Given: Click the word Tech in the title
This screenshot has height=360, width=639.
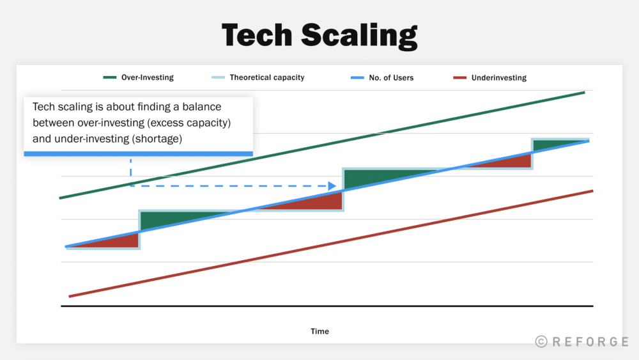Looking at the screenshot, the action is click(257, 35).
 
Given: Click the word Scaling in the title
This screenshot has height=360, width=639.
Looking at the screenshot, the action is click(359, 36).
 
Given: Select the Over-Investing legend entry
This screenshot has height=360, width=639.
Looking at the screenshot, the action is click(139, 77).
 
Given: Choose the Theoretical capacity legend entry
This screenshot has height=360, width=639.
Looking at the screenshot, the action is click(258, 77).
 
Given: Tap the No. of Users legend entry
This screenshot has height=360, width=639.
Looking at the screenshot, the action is click(382, 77).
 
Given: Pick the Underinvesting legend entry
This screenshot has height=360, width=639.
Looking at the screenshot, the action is click(490, 77).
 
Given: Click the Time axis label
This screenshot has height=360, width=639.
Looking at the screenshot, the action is click(320, 331).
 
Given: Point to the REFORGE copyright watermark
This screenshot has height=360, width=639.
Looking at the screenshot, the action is click(582, 341).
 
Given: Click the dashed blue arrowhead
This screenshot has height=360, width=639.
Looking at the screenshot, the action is click(332, 186).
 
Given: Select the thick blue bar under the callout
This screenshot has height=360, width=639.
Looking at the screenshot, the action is click(139, 153).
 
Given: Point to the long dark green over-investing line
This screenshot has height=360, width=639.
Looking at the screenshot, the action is click(322, 146).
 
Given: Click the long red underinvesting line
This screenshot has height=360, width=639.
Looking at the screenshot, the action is click(331, 244).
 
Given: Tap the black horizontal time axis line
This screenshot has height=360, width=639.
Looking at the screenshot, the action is click(327, 306).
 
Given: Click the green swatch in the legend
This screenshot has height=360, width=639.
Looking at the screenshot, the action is click(110, 77).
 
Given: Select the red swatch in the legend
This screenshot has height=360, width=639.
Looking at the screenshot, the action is click(459, 77).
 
